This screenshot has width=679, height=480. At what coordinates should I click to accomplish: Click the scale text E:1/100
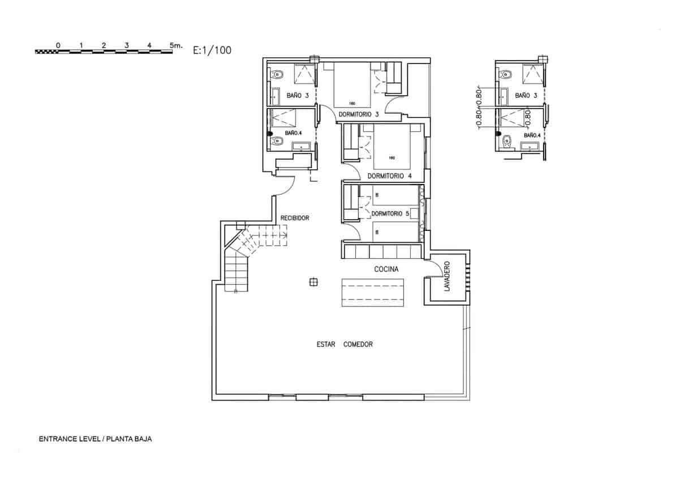(212, 50)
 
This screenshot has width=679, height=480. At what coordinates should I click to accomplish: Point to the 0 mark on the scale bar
(58, 45)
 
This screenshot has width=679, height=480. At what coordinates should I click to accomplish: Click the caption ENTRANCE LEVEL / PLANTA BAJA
(96, 439)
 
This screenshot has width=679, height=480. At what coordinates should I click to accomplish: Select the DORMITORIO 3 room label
(359, 114)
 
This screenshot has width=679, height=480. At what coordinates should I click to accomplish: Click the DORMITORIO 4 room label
(389, 176)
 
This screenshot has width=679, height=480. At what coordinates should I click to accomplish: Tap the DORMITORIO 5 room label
(390, 213)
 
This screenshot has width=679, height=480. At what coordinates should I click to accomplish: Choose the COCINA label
(386, 269)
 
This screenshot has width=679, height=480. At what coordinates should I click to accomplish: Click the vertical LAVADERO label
(446, 277)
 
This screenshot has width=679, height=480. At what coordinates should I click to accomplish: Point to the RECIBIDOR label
(295, 218)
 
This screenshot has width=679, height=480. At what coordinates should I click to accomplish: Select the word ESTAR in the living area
(326, 344)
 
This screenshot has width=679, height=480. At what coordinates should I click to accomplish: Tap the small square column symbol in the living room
(312, 281)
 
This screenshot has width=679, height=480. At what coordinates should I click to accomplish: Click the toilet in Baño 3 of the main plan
(277, 74)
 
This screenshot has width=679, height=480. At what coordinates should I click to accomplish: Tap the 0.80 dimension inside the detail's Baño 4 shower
(527, 117)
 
